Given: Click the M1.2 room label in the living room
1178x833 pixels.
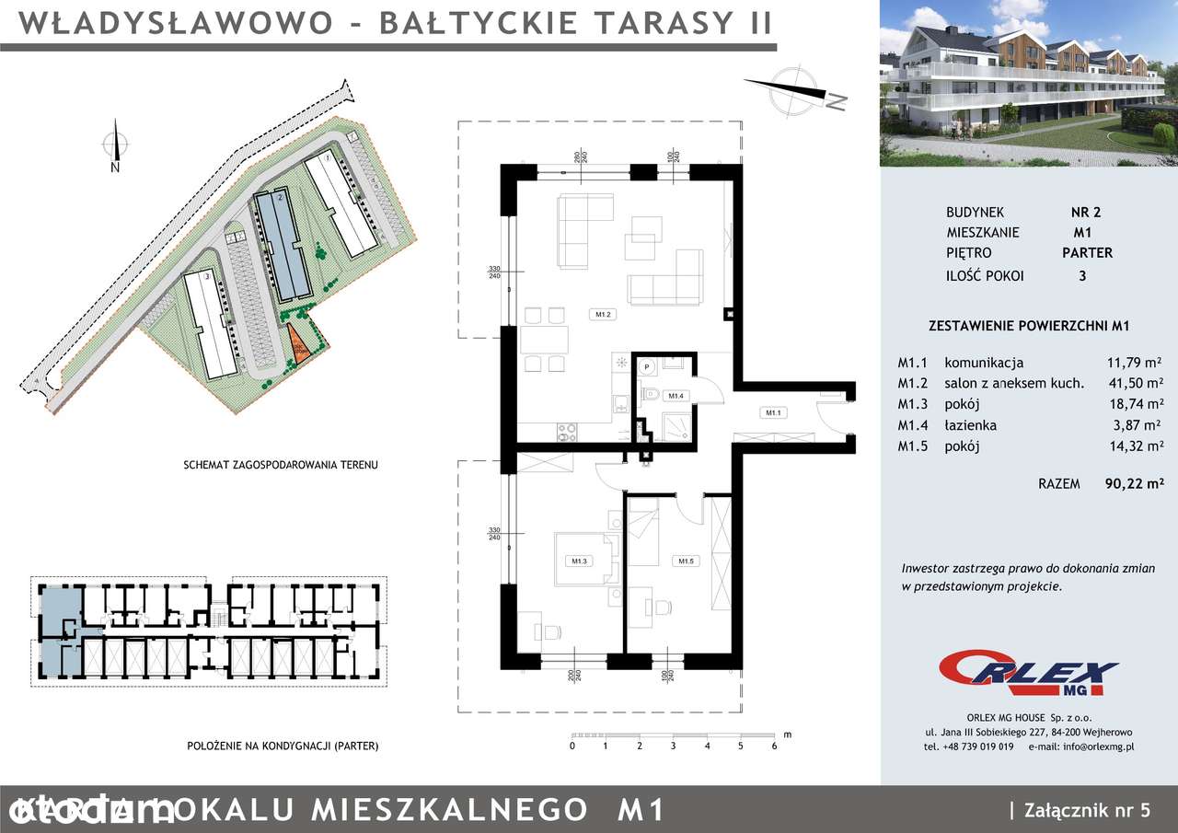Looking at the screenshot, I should coord(604,315).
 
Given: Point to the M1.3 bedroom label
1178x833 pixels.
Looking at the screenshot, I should coord(579,561).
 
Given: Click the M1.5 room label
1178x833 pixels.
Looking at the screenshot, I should coord(686,561).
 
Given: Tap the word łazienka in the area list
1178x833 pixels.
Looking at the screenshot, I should coord(970,425).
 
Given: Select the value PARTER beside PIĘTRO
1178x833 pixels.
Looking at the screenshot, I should coord(1086,252).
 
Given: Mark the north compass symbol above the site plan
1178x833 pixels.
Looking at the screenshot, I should coord(113,145).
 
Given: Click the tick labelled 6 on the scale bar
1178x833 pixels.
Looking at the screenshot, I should coord(774,746).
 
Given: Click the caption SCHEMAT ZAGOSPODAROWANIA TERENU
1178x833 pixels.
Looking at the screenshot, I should coord(281,466).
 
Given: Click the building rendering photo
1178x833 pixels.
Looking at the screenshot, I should coord(1028,83).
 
